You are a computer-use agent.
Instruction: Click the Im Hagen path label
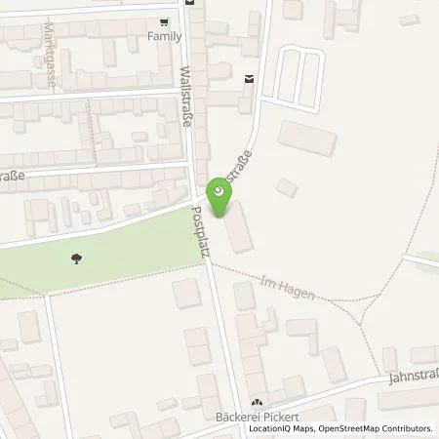click(289, 288)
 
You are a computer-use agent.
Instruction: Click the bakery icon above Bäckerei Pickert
click(258, 403)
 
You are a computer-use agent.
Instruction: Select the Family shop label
click(164, 34)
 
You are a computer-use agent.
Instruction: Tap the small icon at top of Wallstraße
click(192, 3)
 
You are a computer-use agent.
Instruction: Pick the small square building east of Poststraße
click(286, 186)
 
